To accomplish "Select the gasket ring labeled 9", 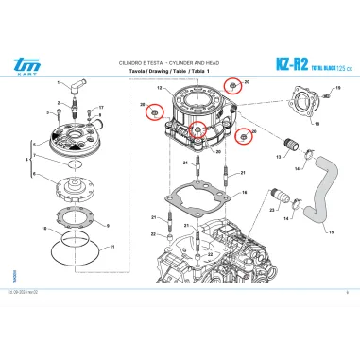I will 107,224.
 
